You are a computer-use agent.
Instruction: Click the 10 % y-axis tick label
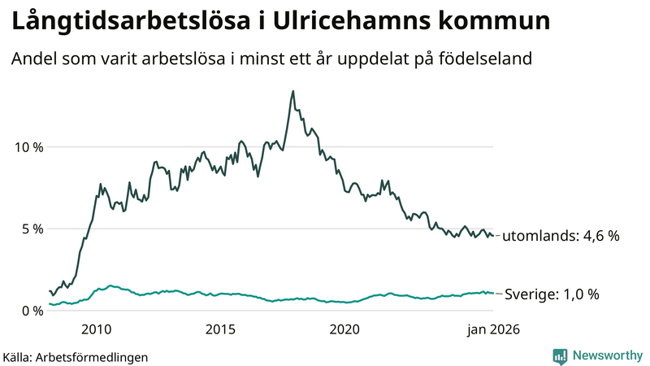tap(27, 147)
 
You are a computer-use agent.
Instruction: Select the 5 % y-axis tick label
tap(31, 229)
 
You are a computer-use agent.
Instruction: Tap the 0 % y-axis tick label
tap(31, 311)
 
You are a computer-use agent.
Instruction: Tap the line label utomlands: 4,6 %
tap(560, 237)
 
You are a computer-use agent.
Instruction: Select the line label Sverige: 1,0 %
tap(552, 294)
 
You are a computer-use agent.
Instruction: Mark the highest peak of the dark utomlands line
tap(292, 91)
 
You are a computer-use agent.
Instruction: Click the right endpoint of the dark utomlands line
tap(493, 236)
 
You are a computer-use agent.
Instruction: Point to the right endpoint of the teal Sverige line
tap(493, 294)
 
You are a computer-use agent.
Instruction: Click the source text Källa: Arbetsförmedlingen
tap(76, 357)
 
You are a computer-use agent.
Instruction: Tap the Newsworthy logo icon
tap(560, 355)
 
